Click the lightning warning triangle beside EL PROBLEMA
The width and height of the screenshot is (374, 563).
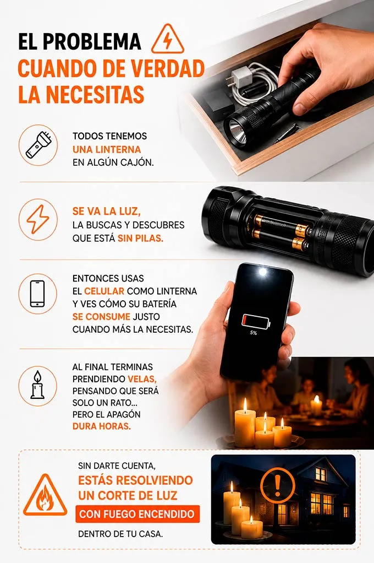(x=167, y=40)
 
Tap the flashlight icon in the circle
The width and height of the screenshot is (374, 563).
(x=38, y=145)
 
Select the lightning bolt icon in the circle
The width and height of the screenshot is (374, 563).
(x=38, y=219)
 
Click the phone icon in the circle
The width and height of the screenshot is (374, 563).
(x=38, y=294)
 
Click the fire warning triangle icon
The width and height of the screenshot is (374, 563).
(x=45, y=495)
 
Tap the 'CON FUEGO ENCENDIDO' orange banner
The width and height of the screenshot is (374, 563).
(x=137, y=514)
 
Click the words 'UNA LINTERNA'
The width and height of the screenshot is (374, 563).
(x=107, y=149)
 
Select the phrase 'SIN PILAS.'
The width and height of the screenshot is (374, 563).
(x=141, y=239)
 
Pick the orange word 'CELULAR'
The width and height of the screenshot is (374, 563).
(x=104, y=291)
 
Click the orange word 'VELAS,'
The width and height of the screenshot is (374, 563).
(x=142, y=379)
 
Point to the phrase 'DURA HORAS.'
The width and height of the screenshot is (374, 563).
(x=102, y=426)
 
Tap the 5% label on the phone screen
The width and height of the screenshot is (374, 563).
(x=254, y=333)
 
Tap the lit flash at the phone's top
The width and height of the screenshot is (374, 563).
(x=263, y=272)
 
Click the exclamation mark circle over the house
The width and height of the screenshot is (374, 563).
(x=277, y=486)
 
